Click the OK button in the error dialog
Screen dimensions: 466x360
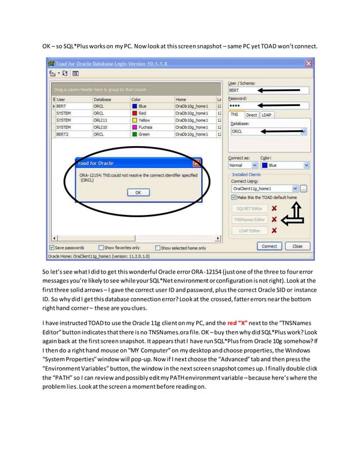138,192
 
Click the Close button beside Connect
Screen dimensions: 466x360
297,246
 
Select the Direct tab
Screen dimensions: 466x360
251,115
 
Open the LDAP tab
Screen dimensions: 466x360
266,115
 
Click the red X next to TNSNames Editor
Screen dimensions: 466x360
274,219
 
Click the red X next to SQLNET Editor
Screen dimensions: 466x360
274,209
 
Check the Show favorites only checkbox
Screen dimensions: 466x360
101,248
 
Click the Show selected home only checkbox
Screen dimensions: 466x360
157,248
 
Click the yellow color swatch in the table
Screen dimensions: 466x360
134,120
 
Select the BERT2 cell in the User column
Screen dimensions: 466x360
63,134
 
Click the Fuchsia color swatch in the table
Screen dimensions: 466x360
134,128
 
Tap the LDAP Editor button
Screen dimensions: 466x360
249,230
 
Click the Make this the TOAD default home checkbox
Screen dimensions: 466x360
234,197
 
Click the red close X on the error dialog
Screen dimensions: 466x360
196,163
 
